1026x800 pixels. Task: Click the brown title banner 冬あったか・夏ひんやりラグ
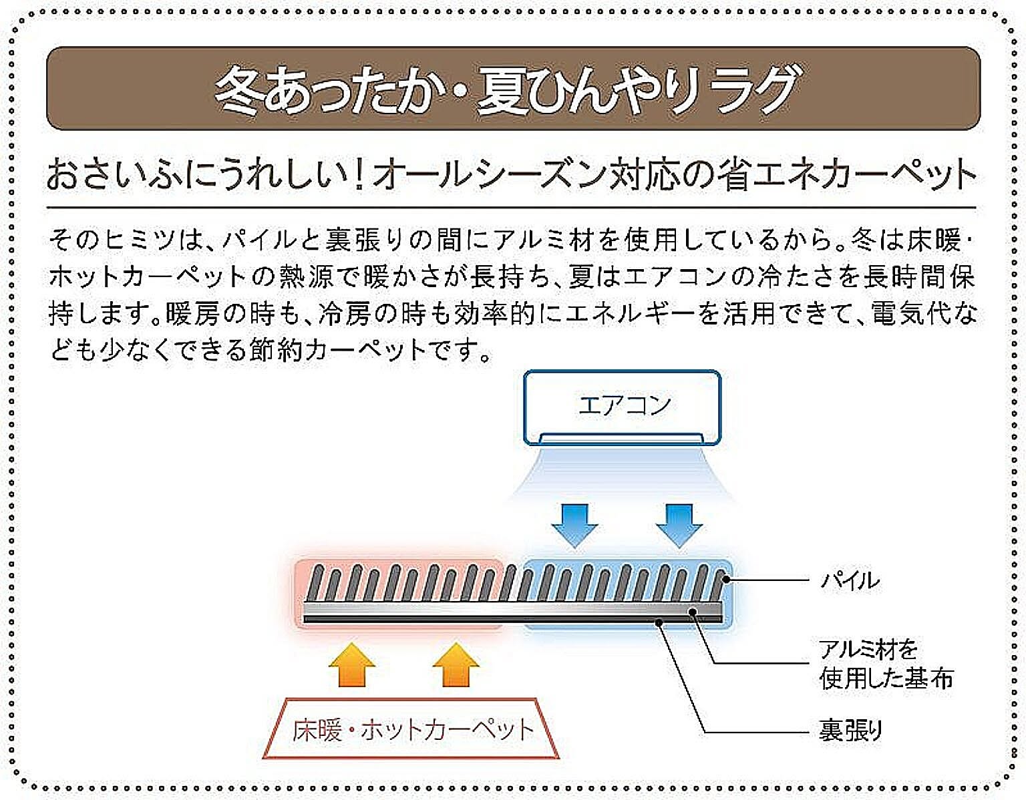point(512,88)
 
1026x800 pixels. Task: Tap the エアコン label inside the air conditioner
point(624,405)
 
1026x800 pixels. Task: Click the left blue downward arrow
point(574,524)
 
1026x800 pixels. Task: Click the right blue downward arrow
point(679,524)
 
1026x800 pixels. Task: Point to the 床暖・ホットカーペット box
point(412,729)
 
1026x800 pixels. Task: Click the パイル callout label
point(850,580)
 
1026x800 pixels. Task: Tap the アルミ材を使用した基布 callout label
point(885,664)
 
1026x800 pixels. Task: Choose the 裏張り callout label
point(850,731)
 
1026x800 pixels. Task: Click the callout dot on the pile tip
point(726,580)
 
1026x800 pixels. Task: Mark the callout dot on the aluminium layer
point(693,610)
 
